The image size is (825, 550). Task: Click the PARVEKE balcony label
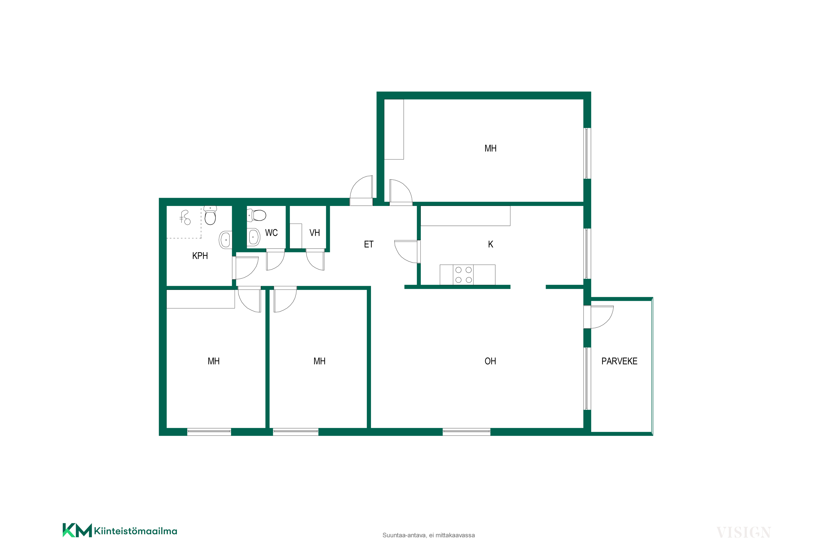(619, 361)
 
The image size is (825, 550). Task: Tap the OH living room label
(490, 361)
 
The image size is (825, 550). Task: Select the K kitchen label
(490, 244)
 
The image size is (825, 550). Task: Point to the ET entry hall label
(369, 244)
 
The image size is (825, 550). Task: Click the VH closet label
(315, 233)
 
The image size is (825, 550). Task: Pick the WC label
(271, 233)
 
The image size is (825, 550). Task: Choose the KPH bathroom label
(200, 256)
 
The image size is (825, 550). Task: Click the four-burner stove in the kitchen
(463, 275)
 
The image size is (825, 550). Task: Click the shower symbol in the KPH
(185, 218)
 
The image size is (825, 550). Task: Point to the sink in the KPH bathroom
(226, 240)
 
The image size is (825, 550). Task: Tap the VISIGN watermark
(743, 532)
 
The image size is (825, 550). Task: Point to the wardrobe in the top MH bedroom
(394, 130)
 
